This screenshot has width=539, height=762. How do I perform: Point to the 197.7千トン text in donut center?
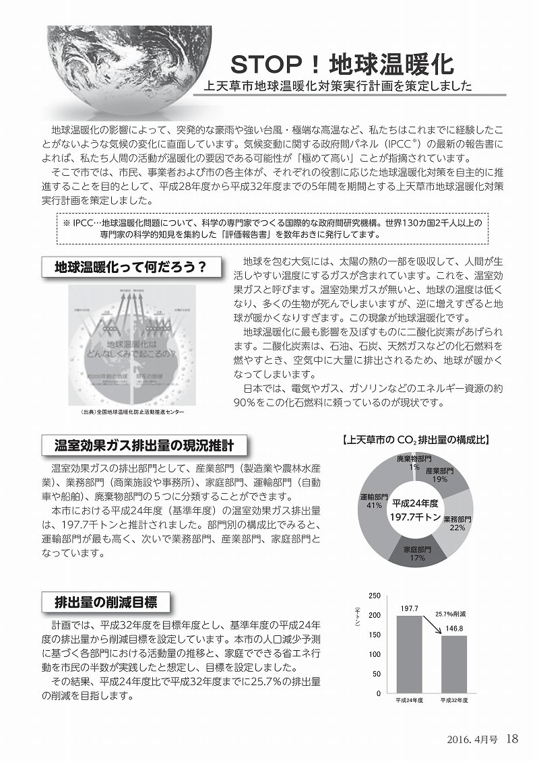(x=416, y=516)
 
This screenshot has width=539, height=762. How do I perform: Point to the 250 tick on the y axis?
(x=375, y=596)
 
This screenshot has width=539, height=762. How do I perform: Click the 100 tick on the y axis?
(x=375, y=654)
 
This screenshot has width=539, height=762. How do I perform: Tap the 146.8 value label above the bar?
(x=454, y=629)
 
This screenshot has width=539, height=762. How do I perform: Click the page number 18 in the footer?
(x=511, y=739)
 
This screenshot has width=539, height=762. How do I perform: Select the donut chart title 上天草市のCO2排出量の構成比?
(x=416, y=441)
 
